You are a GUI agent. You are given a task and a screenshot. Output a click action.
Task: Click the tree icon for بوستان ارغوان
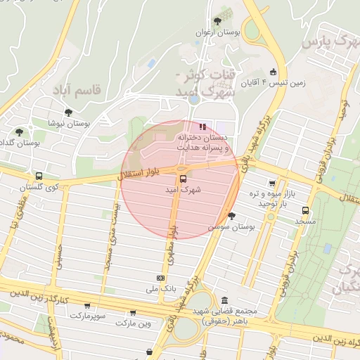217,20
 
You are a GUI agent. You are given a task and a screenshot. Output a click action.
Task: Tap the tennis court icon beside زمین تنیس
273,71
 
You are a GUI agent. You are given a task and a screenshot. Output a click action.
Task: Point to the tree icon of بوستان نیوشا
68,112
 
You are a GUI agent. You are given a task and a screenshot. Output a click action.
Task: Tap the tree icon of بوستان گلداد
19,131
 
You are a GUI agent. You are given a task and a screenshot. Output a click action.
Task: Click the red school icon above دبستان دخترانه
202,127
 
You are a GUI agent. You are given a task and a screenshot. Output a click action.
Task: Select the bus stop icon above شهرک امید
183,179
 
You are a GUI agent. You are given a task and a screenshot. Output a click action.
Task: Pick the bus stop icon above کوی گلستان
38,176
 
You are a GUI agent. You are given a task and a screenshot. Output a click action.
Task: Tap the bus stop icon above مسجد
305,210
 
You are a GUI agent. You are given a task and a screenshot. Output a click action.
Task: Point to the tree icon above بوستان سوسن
231,216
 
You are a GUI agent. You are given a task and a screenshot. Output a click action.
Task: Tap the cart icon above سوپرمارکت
87,306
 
